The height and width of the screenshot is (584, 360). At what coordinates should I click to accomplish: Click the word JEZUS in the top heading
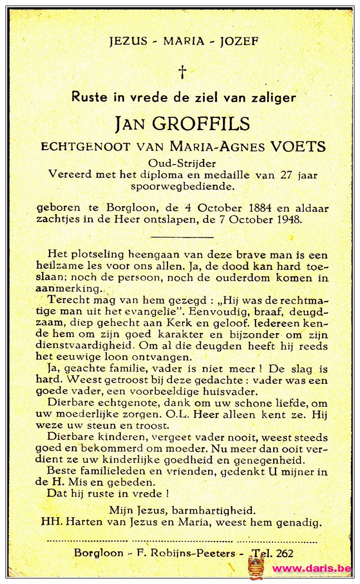coord(128,41)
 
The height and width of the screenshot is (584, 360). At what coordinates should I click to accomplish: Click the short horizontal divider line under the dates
coord(183,236)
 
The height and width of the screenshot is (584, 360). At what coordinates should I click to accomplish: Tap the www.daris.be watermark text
coord(312,568)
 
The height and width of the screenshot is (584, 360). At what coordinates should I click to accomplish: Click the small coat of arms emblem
coord(256,567)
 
